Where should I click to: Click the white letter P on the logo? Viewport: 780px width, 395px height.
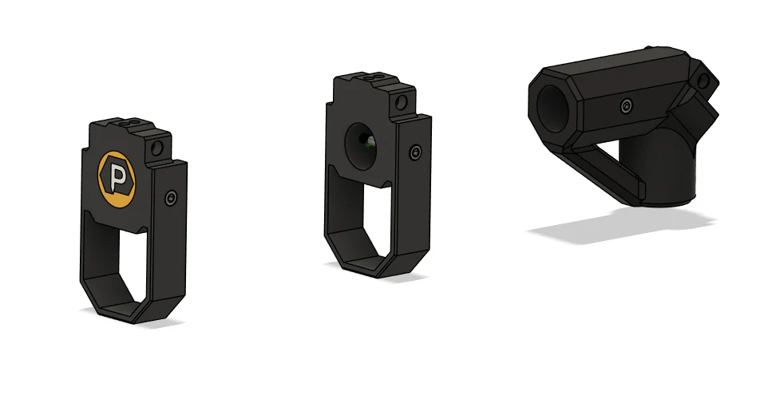(x=120, y=180)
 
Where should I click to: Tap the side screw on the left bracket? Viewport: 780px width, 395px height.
(x=170, y=198)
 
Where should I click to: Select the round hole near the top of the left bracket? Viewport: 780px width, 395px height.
(x=160, y=148)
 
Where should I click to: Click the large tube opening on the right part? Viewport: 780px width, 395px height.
(x=550, y=107)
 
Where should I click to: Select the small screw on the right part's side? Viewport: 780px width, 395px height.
(x=628, y=105)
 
